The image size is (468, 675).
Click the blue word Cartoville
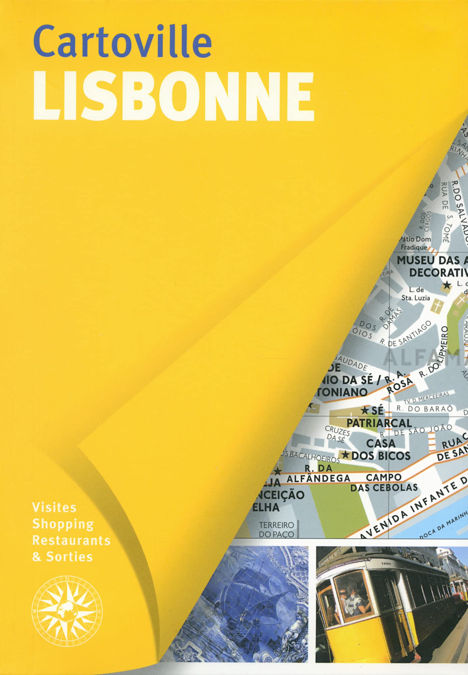point(122,42)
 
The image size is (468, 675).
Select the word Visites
point(54,507)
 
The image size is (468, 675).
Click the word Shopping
point(63,524)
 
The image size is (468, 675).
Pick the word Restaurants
point(71,540)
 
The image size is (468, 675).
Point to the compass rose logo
point(67,611)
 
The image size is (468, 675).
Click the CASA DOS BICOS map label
point(381,449)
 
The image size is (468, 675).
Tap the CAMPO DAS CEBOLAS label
point(384,482)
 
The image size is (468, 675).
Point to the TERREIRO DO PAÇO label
point(276,529)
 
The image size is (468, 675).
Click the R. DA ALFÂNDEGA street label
point(318,473)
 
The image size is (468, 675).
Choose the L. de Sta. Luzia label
point(416,294)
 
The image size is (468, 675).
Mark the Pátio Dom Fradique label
point(415,243)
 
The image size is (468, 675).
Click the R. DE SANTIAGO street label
point(405,333)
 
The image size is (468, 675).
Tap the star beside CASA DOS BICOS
point(345,455)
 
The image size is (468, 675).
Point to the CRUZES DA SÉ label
point(337,434)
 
